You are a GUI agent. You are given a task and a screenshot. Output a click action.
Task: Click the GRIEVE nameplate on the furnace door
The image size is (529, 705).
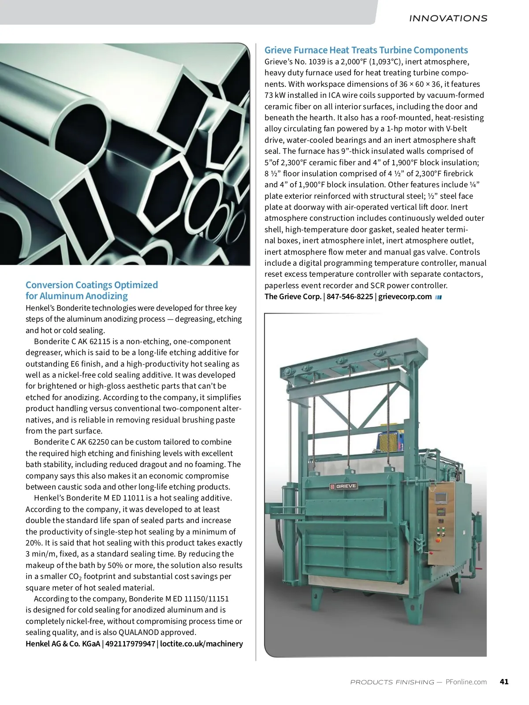tap(343, 486)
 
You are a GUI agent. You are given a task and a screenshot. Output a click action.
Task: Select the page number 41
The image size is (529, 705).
tap(504, 682)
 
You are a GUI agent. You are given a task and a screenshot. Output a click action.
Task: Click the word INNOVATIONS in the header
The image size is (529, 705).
tap(448, 19)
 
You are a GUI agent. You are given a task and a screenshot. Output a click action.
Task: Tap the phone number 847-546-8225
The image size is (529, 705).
tap(350, 297)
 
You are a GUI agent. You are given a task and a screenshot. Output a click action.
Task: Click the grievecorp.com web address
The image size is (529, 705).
tap(405, 297)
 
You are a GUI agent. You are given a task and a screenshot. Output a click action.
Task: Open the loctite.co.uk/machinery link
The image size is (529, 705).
tap(201, 644)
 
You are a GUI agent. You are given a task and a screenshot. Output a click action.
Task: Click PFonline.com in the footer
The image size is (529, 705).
tap(466, 682)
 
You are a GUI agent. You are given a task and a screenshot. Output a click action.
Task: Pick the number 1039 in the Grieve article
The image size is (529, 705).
tap(317, 62)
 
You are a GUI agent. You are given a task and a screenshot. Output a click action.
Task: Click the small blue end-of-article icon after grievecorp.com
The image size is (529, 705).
tap(438, 297)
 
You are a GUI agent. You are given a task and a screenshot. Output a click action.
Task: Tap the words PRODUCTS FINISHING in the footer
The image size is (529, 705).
tap(392, 682)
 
